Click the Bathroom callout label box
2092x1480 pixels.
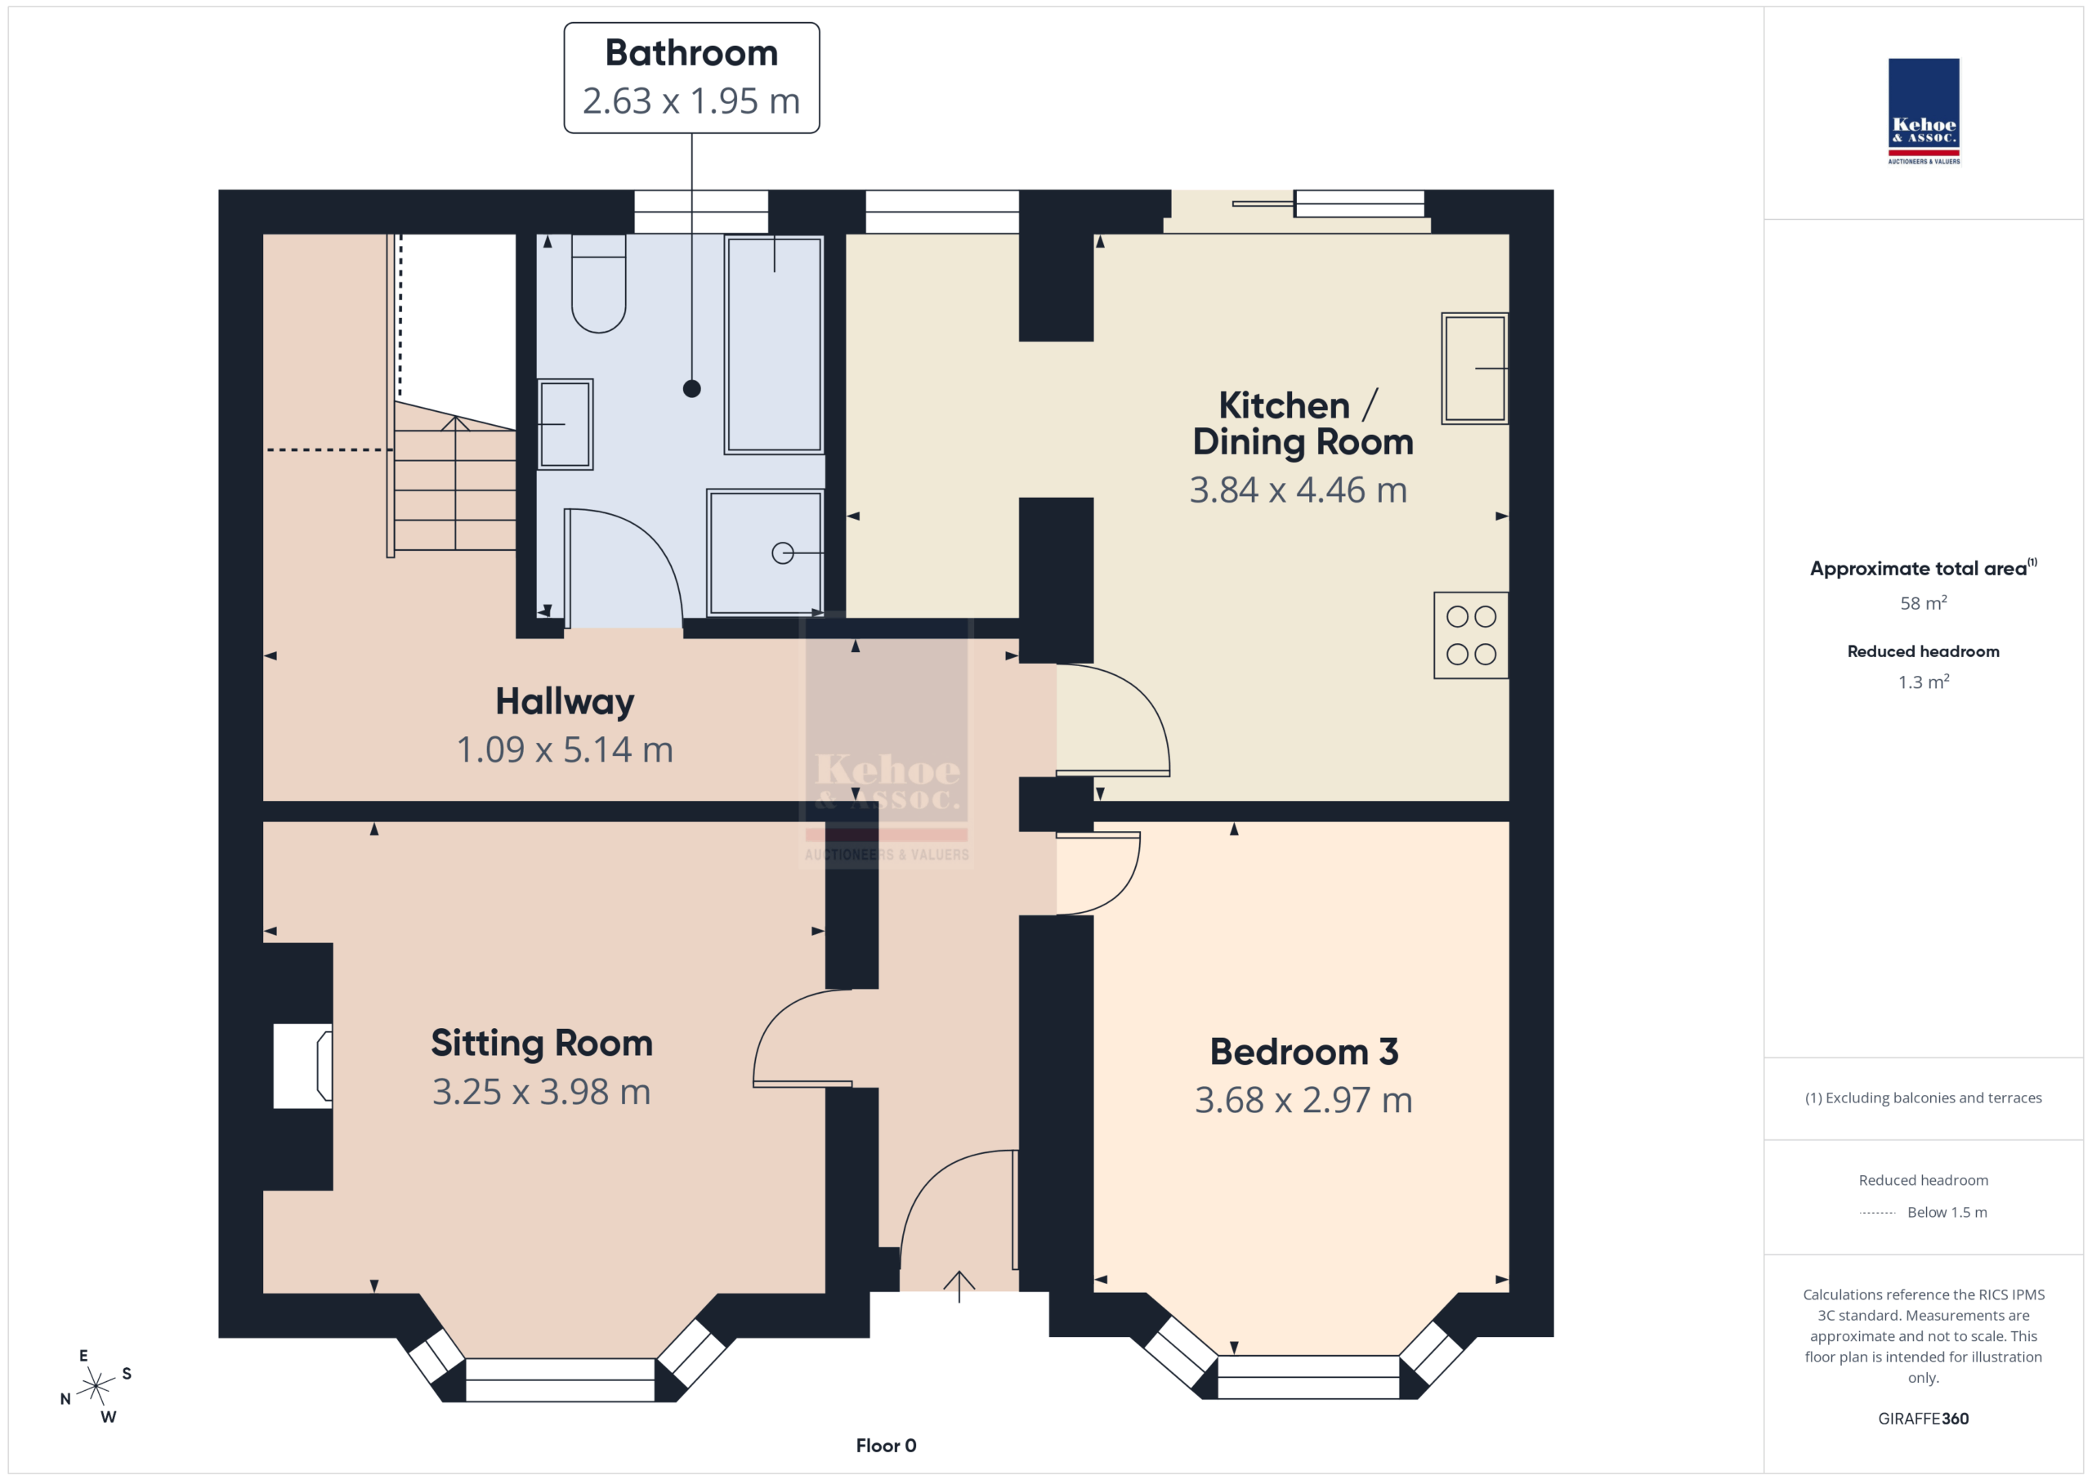pos(691,78)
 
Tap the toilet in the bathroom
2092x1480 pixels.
pos(599,284)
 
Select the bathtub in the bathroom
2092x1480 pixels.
pos(775,345)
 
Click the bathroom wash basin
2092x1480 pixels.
pos(565,424)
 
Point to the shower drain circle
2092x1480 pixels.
pos(783,553)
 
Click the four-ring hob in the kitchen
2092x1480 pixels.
pos(1471,635)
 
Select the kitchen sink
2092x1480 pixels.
pos(1474,369)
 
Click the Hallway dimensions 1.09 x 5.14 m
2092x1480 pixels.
pos(565,750)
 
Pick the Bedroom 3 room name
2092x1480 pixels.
pos(1304,1052)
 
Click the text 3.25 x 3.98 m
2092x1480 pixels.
pos(541,1092)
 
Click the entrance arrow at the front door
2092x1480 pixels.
pos(959,1285)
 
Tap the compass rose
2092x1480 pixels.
pos(96,1386)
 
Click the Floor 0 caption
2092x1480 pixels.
pos(886,1446)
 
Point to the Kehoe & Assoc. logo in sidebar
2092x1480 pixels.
pos(1924,111)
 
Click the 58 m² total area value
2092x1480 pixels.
pos(1924,603)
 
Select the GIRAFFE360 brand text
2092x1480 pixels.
pos(1924,1419)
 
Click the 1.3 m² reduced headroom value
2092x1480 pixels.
pos(1924,682)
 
